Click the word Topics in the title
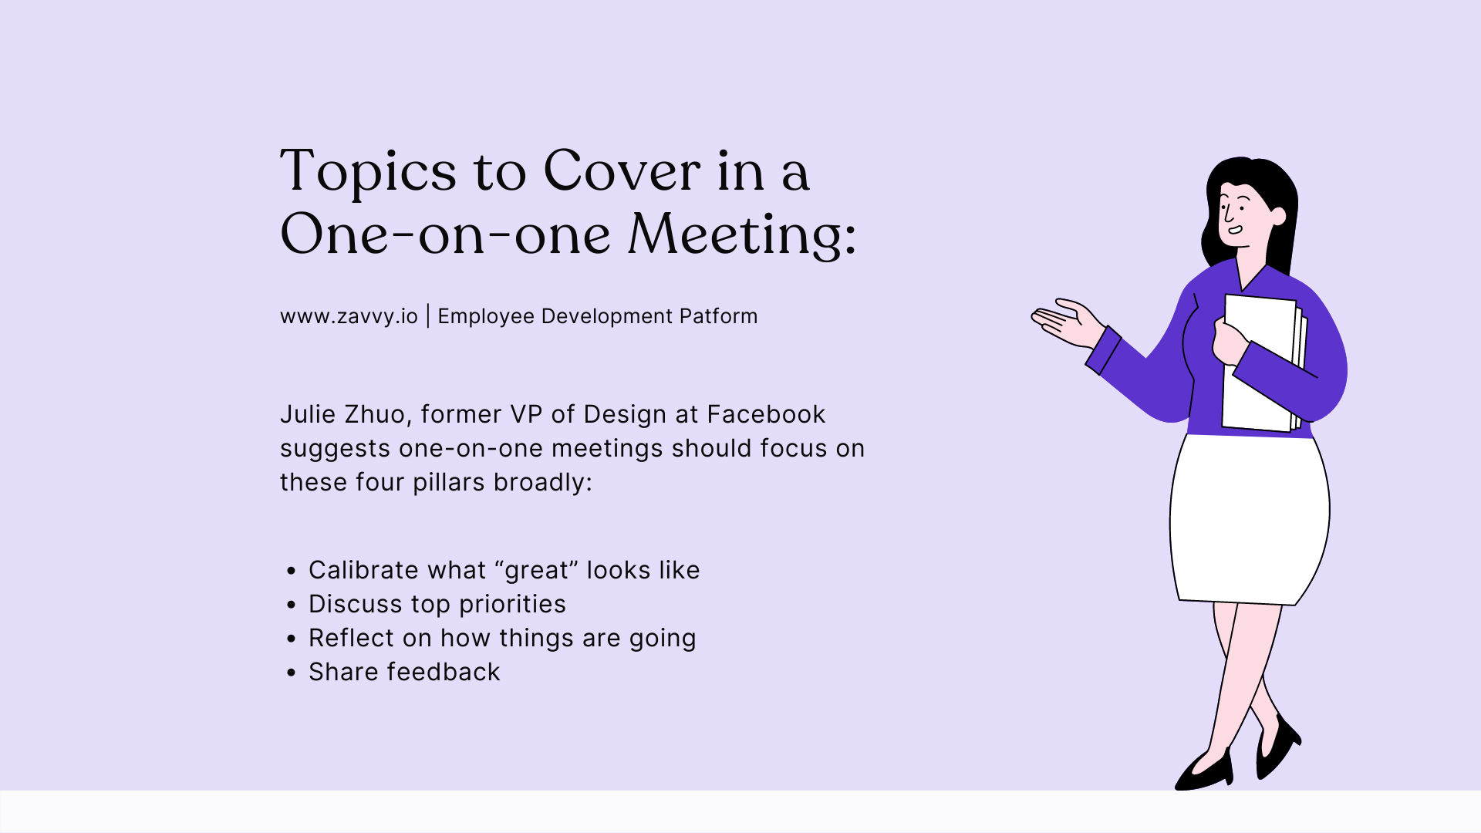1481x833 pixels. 369,171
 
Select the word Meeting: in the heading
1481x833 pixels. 741,234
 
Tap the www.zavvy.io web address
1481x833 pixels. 349,316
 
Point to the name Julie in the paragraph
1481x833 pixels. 308,414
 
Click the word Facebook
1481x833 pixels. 766,414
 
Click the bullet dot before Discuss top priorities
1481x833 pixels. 291,605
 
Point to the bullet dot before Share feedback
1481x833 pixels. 291,673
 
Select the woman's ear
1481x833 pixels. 1277,215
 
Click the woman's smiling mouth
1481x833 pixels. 1234,229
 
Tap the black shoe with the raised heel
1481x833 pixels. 1277,748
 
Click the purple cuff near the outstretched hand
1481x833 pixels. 1103,351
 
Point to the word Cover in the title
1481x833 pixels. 622,171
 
